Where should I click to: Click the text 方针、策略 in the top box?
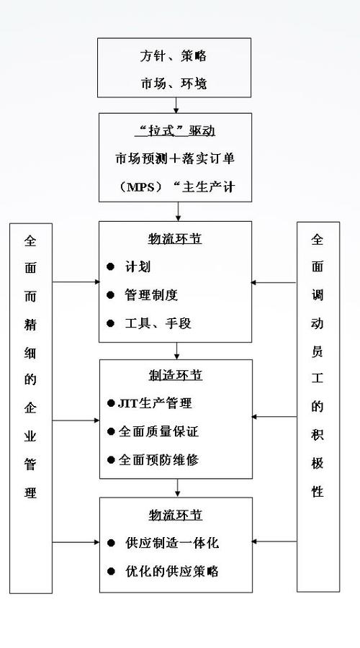tap(175, 56)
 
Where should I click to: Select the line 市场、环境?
tap(175, 84)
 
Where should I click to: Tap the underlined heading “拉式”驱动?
tap(175, 131)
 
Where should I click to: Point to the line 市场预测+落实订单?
tap(175, 158)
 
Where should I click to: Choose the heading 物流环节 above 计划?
tap(175, 239)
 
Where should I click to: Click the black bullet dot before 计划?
tap(111, 266)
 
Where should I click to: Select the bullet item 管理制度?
tap(151, 294)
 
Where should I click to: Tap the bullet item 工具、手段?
tap(151, 322)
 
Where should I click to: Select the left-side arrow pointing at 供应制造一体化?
tap(76, 541)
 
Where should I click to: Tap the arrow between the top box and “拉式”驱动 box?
tap(176, 105)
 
